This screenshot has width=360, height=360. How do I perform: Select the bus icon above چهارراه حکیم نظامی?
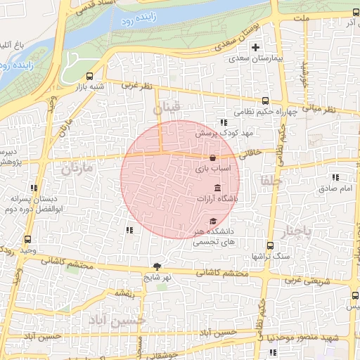(x=266, y=101)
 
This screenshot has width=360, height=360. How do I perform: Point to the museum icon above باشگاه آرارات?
(x=216, y=188)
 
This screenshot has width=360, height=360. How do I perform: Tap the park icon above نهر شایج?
(x=156, y=266)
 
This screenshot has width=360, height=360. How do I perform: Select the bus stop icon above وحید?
(x=27, y=239)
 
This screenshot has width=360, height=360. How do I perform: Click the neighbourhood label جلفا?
(x=270, y=180)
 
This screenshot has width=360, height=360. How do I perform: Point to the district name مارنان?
(x=77, y=169)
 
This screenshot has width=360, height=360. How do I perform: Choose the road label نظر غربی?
(x=136, y=86)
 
